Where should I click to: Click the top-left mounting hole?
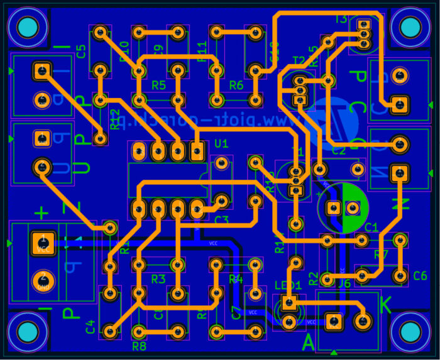click(27, 28)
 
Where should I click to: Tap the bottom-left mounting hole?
click(27, 332)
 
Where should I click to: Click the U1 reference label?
click(221, 145)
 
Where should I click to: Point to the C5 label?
click(81, 52)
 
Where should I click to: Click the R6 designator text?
click(236, 85)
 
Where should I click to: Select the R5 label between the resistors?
click(158, 85)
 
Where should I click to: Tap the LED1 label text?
click(289, 286)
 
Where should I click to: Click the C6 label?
click(420, 275)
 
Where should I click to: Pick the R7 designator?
click(381, 255)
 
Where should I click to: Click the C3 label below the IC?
click(221, 220)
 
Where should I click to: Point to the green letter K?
click(386, 306)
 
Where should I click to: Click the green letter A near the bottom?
click(308, 342)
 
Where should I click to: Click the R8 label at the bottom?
click(139, 345)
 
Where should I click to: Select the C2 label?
click(338, 151)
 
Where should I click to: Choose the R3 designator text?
click(158, 278)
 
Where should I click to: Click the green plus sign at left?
click(42, 213)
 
